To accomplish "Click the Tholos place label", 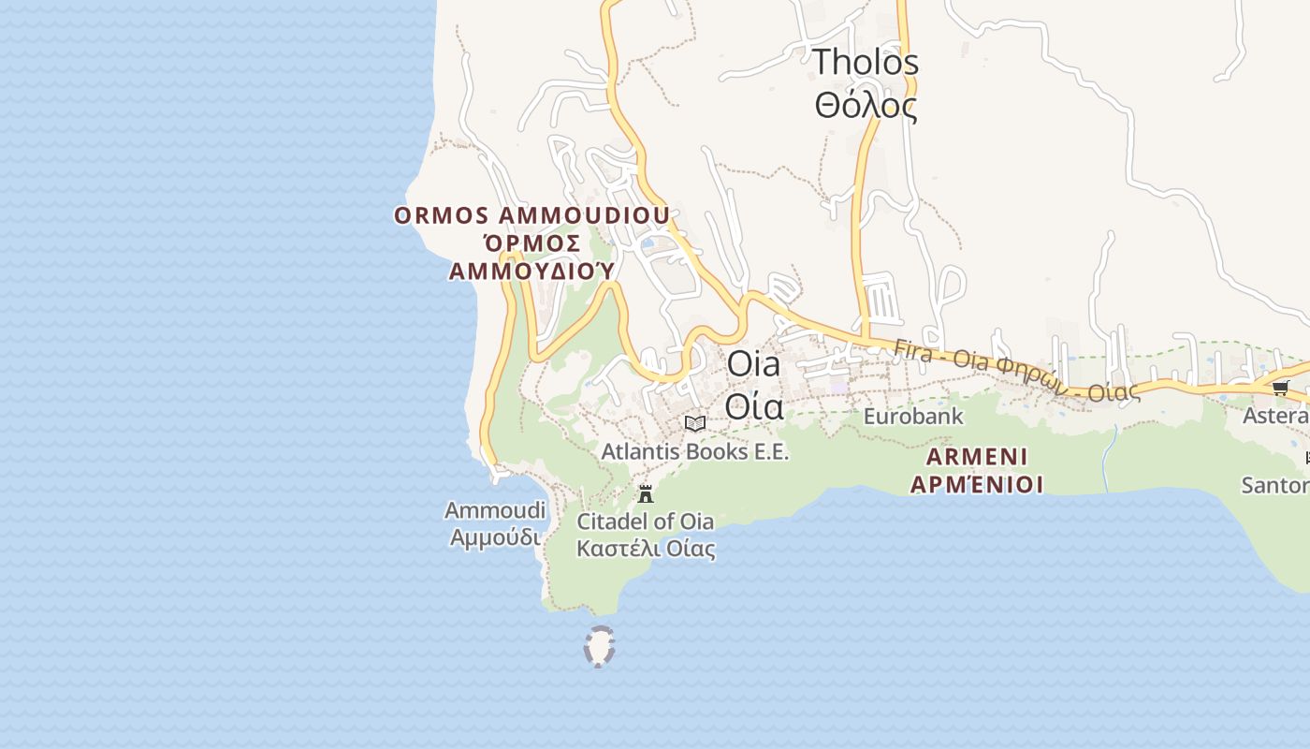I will pyautogui.click(x=866, y=63).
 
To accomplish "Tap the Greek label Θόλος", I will pyautogui.click(x=866, y=106).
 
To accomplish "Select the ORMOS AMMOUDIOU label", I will pyautogui.click(x=531, y=215).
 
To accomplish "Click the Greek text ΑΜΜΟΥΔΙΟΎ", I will pyautogui.click(x=531, y=272).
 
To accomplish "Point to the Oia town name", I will pyautogui.click(x=753, y=364).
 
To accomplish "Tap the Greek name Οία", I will pyautogui.click(x=753, y=407).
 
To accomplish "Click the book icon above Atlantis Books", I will pyautogui.click(x=694, y=423).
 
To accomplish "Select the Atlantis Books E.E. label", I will pyautogui.click(x=694, y=451).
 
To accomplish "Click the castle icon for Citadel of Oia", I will pyautogui.click(x=646, y=494).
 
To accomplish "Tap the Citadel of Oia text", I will pyautogui.click(x=646, y=521).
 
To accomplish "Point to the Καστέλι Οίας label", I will pyautogui.click(x=646, y=549).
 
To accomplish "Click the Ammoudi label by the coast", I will pyautogui.click(x=495, y=511).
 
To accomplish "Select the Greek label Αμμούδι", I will pyautogui.click(x=495, y=538).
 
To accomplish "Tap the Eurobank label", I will pyautogui.click(x=912, y=416).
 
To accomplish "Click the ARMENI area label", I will pyautogui.click(x=977, y=457).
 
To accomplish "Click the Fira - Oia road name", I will pyautogui.click(x=1015, y=369).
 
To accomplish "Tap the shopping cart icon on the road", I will pyautogui.click(x=1280, y=388).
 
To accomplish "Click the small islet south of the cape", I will pyautogui.click(x=599, y=647).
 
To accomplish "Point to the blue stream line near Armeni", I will pyautogui.click(x=1109, y=459).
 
